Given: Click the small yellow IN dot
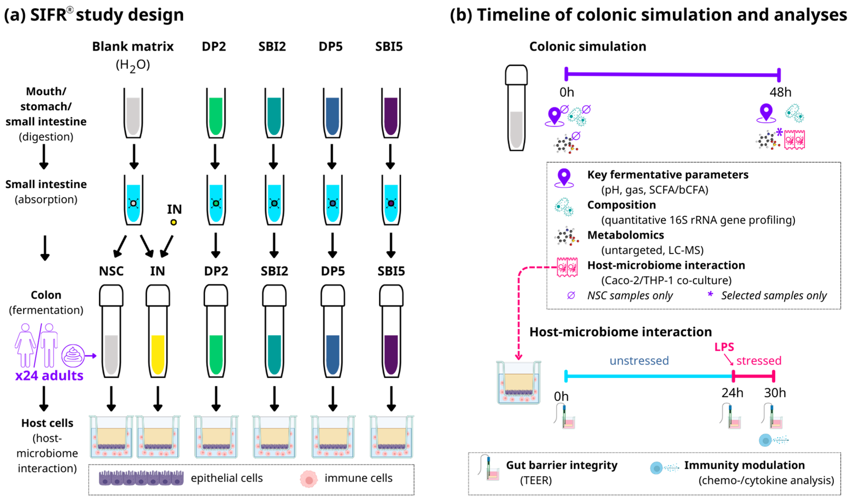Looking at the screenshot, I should coord(174,222).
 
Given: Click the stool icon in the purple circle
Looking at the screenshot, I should coord(73,356).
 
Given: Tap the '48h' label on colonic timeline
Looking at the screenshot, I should coord(780,92).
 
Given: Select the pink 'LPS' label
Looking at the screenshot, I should coord(724,347).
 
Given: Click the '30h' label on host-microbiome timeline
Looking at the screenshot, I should coord(775,393).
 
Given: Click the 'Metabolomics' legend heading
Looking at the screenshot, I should coord(626,235).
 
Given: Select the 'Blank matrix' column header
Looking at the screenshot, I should coord(133,46).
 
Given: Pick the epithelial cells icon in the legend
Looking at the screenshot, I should coord(141,478).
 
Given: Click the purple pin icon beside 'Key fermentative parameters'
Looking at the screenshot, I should coord(564,177).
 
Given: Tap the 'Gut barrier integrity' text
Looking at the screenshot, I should coord(562,465).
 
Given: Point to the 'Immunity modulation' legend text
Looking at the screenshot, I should coord(744,465).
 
